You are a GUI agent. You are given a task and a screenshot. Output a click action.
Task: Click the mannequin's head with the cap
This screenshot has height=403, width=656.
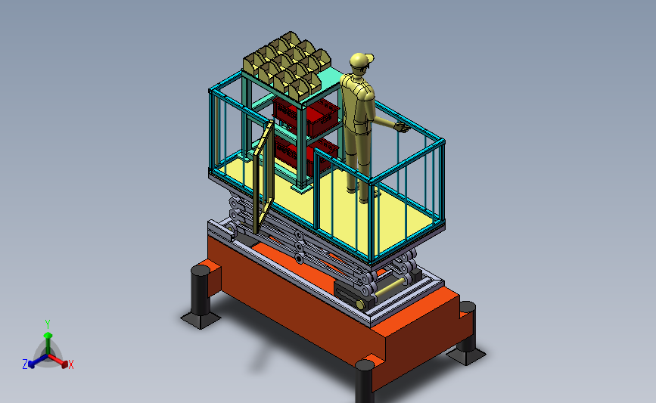coord(362,62)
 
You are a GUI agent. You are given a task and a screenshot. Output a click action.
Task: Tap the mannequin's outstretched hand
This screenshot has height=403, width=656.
coord(403,128)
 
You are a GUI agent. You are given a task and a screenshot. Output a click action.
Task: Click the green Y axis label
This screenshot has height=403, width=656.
coord(48,324)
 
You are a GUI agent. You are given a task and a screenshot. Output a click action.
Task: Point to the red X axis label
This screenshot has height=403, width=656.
coord(71,365)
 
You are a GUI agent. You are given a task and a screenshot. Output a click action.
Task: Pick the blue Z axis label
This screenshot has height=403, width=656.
coord(25,364)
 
